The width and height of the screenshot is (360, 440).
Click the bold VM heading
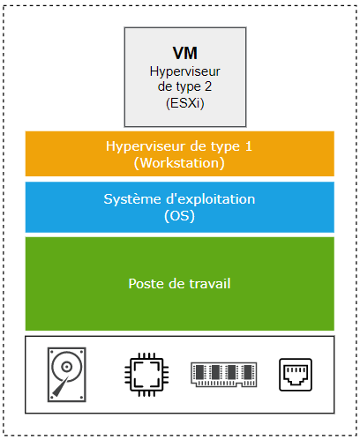[185, 53]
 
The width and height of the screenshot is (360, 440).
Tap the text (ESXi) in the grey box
[185, 103]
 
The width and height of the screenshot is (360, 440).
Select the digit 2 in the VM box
[208, 86]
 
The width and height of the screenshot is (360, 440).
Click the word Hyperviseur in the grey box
[185, 71]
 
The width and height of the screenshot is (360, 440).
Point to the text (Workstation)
[179, 163]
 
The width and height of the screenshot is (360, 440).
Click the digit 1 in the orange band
[249, 146]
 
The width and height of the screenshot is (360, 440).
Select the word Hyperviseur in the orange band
[146, 146]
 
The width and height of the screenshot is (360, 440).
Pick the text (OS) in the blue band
[179, 216]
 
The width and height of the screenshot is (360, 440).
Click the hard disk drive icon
[67, 375]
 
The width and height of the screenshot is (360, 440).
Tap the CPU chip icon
[146, 375]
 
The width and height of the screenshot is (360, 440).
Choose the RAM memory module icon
[224, 375]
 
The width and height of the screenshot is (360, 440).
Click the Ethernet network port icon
[296, 375]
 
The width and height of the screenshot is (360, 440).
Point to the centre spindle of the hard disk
[66, 367]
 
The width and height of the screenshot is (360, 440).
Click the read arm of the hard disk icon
[61, 386]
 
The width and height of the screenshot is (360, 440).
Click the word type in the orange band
[227, 147]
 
